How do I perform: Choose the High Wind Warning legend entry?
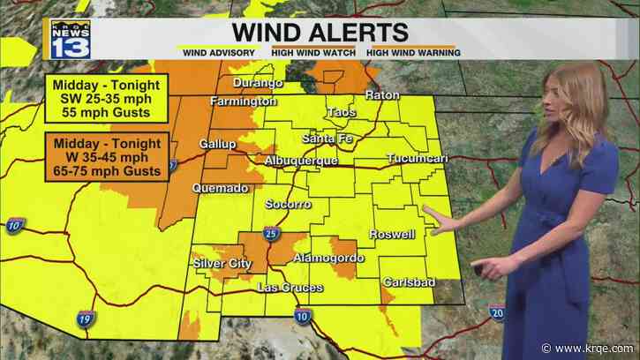click(x=413, y=53)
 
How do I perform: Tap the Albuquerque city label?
click(x=301, y=161)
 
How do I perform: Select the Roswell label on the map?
click(x=394, y=235)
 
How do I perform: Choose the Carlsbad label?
click(x=406, y=282)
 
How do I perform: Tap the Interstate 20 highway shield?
click(x=497, y=311)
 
